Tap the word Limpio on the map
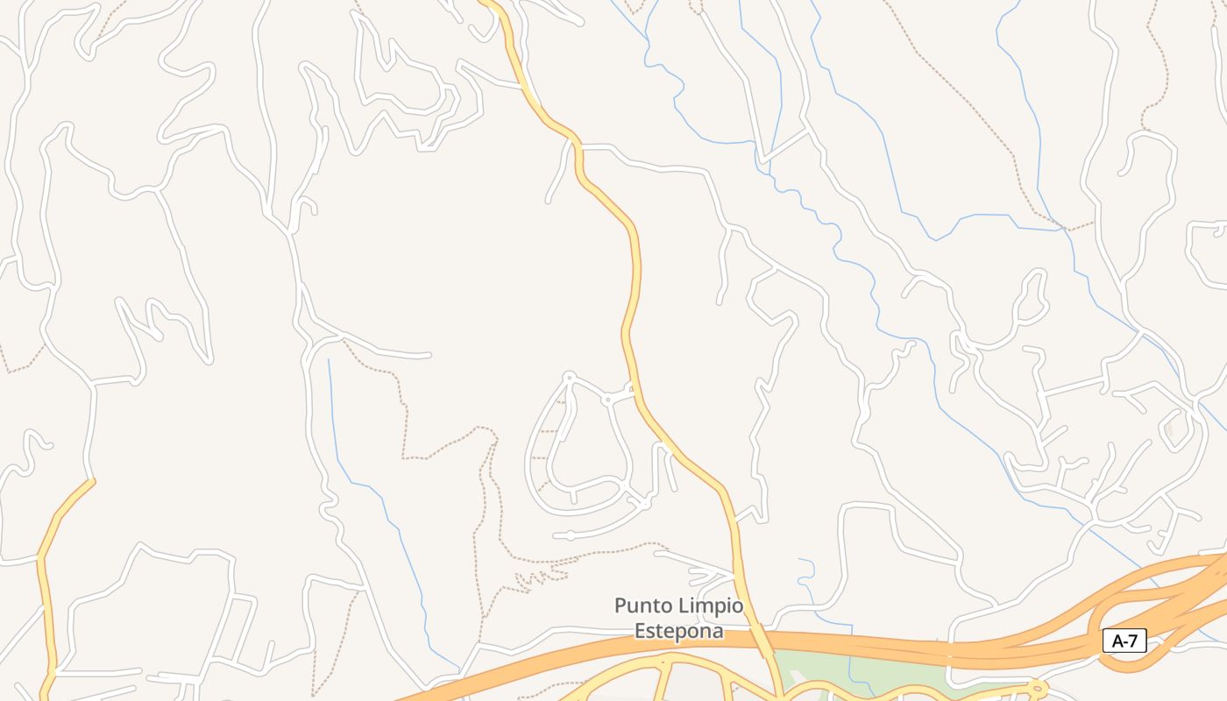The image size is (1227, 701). (x=713, y=605)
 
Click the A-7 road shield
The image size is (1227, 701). (x=1124, y=641)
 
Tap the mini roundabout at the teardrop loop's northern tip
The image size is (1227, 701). (x=569, y=378)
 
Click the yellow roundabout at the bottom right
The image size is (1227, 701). (x=1039, y=686)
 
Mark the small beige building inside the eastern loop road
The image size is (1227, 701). (x=1168, y=430)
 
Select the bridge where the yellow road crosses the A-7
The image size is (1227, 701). (x=765, y=644)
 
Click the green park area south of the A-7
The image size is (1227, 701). (x=841, y=673)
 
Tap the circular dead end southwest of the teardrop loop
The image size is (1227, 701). (x=569, y=535)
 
